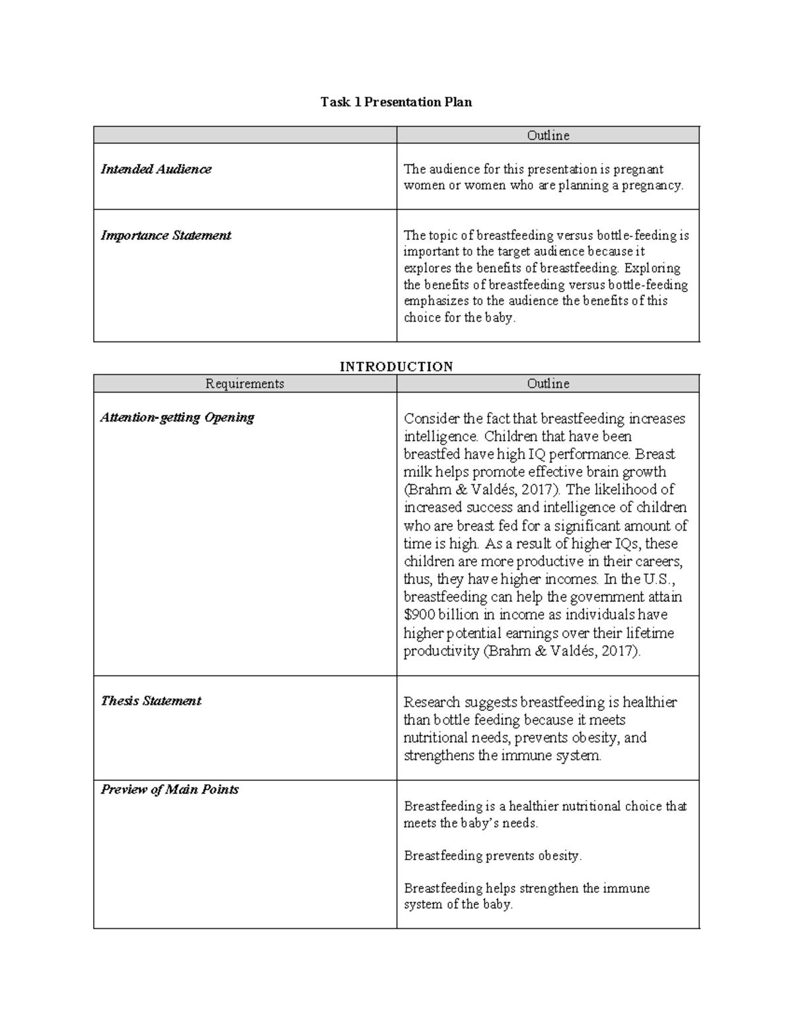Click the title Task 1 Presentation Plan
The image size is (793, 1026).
pyautogui.click(x=396, y=102)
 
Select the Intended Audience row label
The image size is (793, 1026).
pyautogui.click(x=156, y=169)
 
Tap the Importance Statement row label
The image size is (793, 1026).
pyautogui.click(x=166, y=235)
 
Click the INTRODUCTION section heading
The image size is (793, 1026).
pyautogui.click(x=396, y=367)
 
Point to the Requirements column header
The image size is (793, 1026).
pyautogui.click(x=245, y=384)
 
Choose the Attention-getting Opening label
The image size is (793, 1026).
pyautogui.click(x=177, y=418)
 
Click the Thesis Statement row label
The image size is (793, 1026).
pyautogui.click(x=151, y=701)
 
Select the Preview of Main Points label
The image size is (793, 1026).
pyautogui.click(x=169, y=789)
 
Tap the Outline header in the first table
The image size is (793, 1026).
pyautogui.click(x=548, y=135)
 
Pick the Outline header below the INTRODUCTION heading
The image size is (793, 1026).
pyautogui.click(x=548, y=384)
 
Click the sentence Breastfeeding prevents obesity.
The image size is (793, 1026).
pyautogui.click(x=492, y=856)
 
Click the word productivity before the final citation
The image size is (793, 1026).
pyautogui.click(x=441, y=651)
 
